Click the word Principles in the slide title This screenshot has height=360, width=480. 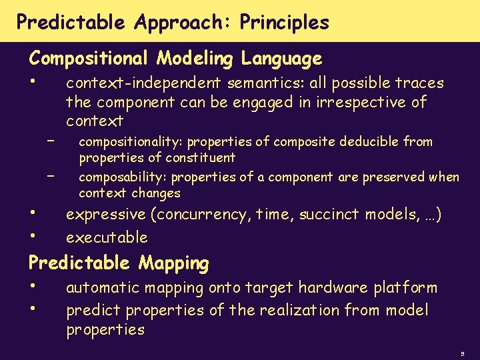coord(285,23)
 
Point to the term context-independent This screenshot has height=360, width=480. coord(143,83)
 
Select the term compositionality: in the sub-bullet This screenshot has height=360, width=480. coord(131,141)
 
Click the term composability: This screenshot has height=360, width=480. coord(123,177)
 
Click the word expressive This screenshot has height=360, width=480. coord(105,215)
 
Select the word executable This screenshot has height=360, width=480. coord(107,237)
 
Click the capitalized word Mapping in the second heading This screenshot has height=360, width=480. coord(174,263)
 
